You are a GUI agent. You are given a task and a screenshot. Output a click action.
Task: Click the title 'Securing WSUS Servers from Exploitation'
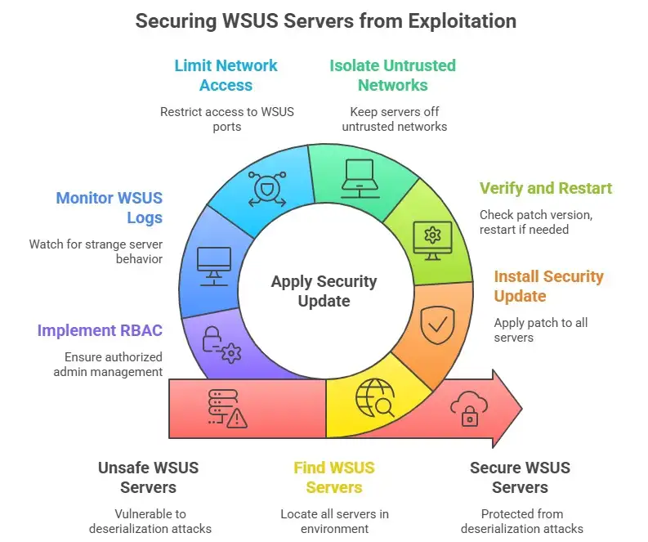coord(325,20)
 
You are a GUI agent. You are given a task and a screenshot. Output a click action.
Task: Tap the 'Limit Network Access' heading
coord(226,75)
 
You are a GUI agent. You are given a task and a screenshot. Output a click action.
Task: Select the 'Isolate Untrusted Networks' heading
coord(392,75)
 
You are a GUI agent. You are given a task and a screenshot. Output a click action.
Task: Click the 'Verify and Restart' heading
coord(545,189)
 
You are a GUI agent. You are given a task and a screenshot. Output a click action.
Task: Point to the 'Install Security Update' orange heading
coord(548,286)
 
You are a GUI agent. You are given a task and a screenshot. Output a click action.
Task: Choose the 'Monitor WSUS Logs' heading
coord(109,208)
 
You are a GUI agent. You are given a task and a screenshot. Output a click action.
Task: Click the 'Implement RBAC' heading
coord(100,331)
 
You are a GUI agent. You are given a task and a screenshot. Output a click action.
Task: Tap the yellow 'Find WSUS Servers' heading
coord(333,477)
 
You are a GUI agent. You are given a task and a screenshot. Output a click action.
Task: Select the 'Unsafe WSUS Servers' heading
coord(148,477)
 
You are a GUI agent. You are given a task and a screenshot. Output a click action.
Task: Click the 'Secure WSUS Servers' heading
coord(520,477)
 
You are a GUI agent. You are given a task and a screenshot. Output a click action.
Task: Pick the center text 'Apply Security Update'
coord(324,291)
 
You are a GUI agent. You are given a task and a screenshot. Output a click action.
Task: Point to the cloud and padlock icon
coord(469,406)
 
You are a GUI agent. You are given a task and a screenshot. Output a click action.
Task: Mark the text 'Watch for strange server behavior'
coord(96,251)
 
